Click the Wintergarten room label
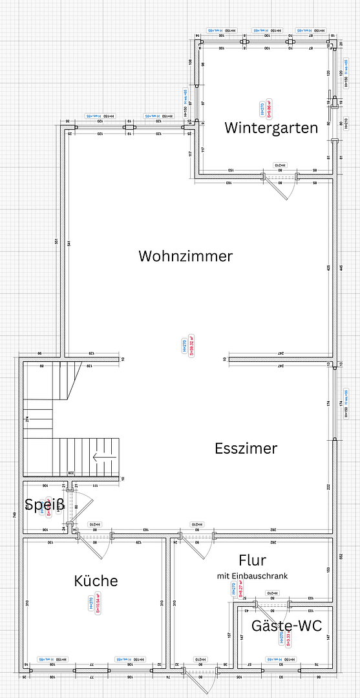tap(271, 127)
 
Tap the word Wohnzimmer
tap(185, 256)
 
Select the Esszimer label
tap(246, 448)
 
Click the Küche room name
tap(96, 580)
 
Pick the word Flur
tap(252, 560)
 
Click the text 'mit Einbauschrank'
tap(252, 575)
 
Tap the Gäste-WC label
tap(286, 626)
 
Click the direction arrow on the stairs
tap(103, 459)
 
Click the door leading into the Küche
tap(97, 546)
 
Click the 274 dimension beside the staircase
tap(27, 419)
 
